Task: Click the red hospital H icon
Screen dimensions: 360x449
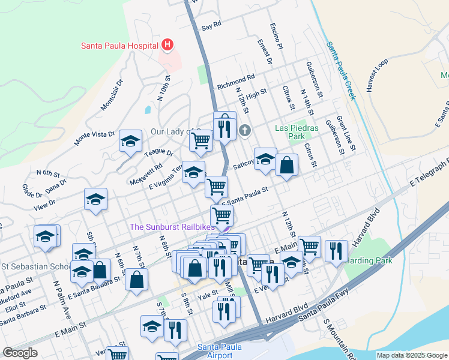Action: pyautogui.click(x=167, y=45)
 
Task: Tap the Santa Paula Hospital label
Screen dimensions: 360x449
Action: pyautogui.click(x=119, y=46)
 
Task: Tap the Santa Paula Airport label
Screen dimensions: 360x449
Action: pyautogui.click(x=215, y=351)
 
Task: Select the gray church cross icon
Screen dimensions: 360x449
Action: pyautogui.click(x=244, y=130)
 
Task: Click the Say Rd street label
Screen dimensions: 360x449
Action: pyautogui.click(x=212, y=26)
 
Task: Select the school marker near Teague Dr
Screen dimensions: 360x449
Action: pyautogui.click(x=130, y=142)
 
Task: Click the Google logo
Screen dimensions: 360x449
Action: pyautogui.click(x=20, y=353)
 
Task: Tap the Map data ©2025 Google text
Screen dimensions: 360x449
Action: pyautogui.click(x=412, y=355)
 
